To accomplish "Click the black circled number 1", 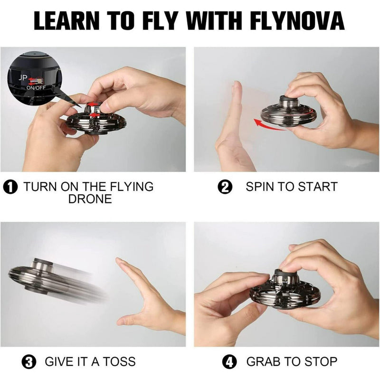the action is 10,187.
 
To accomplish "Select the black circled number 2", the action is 225,187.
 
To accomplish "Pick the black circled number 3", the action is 29,362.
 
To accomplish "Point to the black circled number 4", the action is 229,362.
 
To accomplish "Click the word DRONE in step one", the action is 90,199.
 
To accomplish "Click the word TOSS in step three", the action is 119,361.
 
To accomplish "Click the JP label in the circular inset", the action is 23,78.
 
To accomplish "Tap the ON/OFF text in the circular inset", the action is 36,88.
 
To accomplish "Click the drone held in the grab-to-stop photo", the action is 285,288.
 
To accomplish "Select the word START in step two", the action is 317,187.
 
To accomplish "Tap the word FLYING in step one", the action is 132,187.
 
